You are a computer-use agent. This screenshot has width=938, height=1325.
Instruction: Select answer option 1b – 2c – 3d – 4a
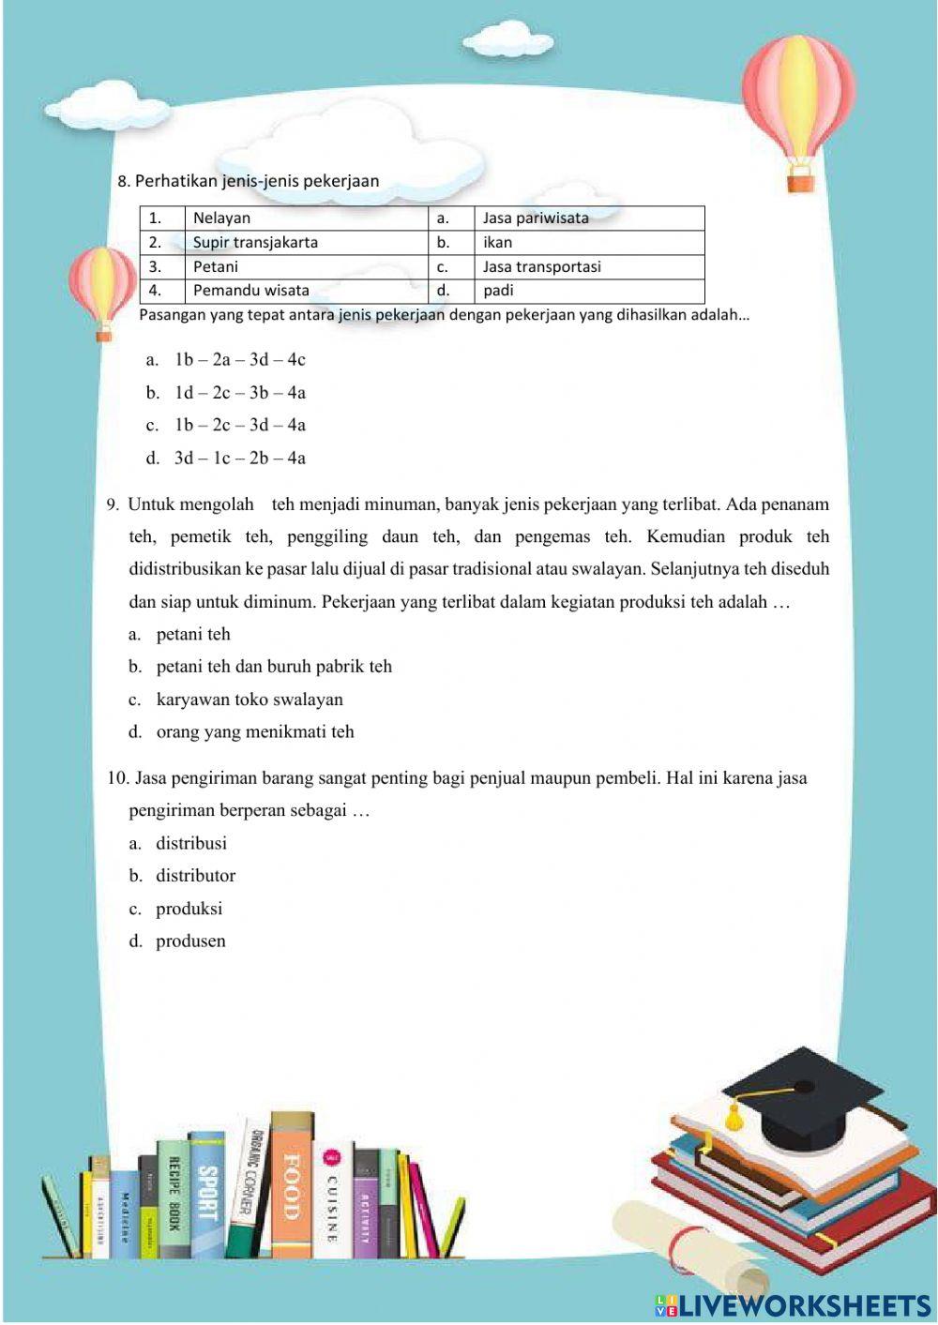click(x=239, y=426)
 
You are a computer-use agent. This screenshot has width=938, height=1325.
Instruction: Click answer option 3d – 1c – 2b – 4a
click(x=239, y=459)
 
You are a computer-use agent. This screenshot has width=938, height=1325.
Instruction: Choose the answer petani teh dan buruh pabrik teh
click(x=273, y=667)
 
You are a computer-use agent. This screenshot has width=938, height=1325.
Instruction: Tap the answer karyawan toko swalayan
click(x=249, y=700)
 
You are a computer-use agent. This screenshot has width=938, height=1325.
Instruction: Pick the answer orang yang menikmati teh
click(x=254, y=732)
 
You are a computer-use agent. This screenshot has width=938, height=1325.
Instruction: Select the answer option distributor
click(x=195, y=876)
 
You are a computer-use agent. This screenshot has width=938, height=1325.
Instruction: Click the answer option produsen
click(x=190, y=941)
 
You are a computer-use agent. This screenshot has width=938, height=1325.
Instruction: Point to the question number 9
click(x=113, y=504)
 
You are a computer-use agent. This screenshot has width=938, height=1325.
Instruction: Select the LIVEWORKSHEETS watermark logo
click(x=793, y=1305)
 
